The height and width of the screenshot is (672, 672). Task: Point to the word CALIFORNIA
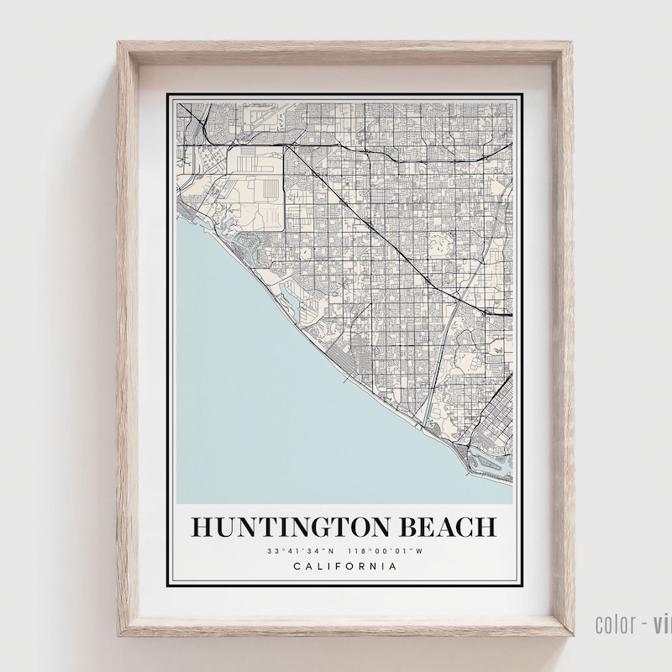(x=344, y=566)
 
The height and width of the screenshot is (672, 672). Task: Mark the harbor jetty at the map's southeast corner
(x=487, y=470)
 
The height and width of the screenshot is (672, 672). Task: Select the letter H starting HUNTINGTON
(x=202, y=528)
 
